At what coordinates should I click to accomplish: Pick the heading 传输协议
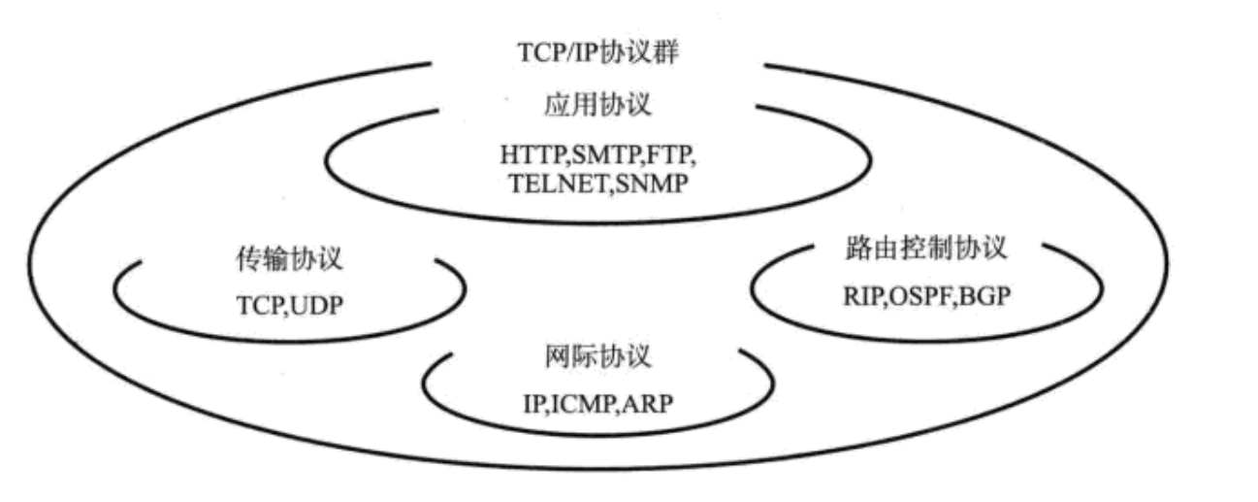[x=290, y=261]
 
